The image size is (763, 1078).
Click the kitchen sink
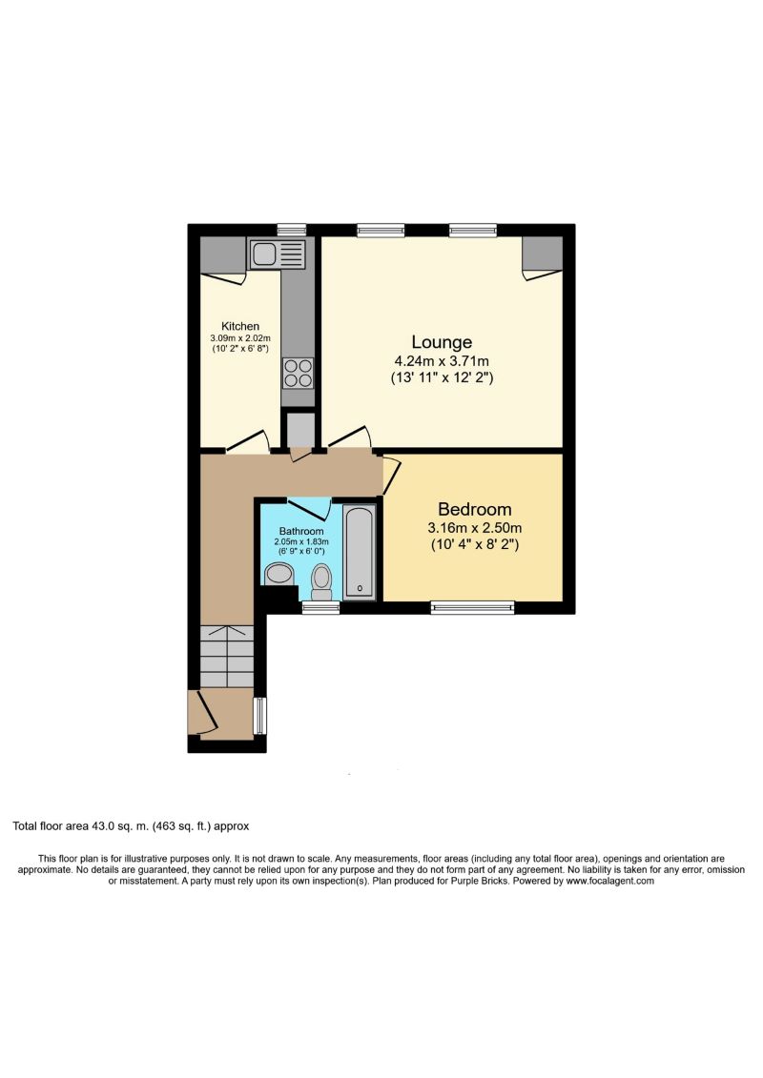(x=277, y=254)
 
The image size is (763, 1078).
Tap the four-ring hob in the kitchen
(x=298, y=372)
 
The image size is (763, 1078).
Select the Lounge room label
(x=442, y=342)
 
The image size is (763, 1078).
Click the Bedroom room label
(x=475, y=509)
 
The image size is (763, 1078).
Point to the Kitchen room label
(x=240, y=327)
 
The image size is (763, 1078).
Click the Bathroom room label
(x=300, y=531)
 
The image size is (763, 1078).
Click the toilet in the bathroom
(x=321, y=579)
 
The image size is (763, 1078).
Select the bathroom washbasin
(x=278, y=573)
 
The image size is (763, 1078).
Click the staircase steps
(x=226, y=655)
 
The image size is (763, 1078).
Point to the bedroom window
(x=472, y=606)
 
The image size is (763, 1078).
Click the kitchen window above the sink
(x=291, y=229)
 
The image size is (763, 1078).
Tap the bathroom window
(x=316, y=606)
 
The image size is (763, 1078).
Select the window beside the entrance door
(x=259, y=715)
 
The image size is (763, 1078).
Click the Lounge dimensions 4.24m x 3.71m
(x=442, y=361)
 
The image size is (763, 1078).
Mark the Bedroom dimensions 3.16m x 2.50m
(x=474, y=528)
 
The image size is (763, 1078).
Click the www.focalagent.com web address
(x=609, y=882)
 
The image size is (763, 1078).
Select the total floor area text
(x=131, y=826)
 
